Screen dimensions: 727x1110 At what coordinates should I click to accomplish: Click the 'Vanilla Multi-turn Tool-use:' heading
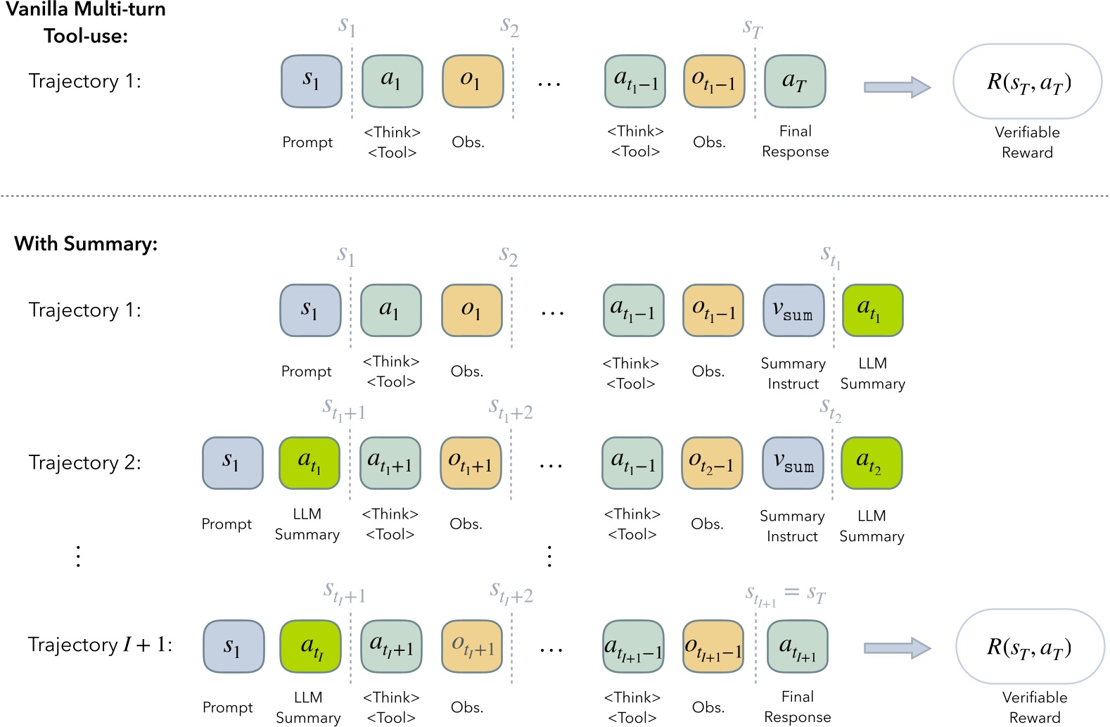point(85,23)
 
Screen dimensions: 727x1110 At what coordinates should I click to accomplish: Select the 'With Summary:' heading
point(86,244)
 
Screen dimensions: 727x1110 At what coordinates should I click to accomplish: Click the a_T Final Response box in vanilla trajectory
point(794,82)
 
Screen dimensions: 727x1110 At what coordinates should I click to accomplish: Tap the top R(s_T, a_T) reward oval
point(1027,82)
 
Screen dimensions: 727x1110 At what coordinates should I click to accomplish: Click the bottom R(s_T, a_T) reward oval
point(1029,646)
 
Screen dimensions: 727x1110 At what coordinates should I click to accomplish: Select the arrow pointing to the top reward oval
point(897,87)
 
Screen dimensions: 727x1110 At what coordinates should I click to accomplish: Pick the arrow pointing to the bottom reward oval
point(897,647)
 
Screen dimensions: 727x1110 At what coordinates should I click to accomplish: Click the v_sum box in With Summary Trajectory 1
point(793,310)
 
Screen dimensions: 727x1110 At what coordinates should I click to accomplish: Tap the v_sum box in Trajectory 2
point(793,463)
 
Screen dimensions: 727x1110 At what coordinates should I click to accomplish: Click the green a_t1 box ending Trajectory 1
point(872,310)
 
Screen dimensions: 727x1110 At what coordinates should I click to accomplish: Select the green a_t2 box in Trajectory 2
point(871,463)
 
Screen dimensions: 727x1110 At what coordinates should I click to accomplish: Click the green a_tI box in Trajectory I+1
point(310,646)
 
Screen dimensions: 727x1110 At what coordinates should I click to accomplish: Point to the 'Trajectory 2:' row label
point(84,462)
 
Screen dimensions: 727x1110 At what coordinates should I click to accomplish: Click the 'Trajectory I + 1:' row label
point(100,645)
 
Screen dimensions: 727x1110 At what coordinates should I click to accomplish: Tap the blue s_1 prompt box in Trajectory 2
point(232,463)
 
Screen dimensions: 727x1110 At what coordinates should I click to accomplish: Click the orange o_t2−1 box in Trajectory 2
point(711,463)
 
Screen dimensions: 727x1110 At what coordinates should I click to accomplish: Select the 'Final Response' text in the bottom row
point(797,707)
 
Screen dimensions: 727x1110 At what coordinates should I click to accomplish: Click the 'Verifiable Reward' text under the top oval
point(1027,142)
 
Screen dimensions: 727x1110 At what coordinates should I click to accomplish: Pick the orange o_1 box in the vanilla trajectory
point(472,82)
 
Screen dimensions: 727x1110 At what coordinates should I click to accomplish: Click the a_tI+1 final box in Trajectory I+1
point(797,646)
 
